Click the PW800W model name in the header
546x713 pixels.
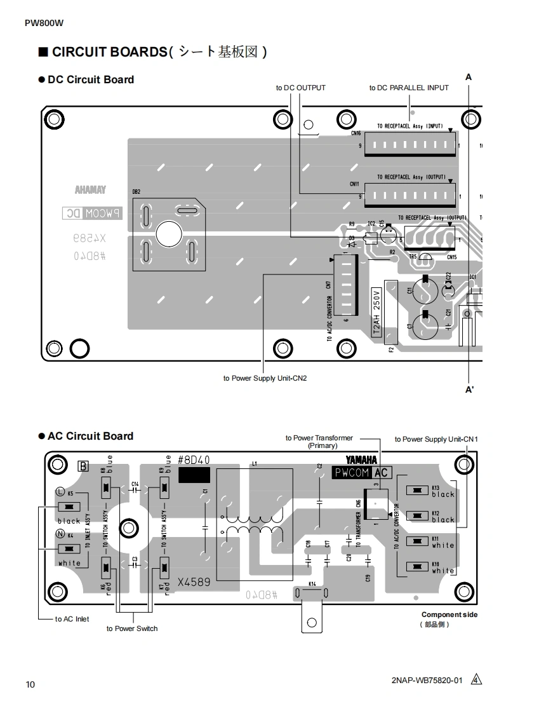coord(44,24)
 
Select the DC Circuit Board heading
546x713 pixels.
coord(90,79)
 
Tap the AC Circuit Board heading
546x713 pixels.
coord(90,436)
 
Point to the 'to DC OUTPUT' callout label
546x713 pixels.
coord(300,88)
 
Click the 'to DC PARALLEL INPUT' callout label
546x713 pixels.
coord(409,88)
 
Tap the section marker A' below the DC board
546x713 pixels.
coord(469,390)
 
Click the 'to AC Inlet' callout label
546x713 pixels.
coord(72,619)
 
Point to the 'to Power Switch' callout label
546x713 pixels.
coord(132,628)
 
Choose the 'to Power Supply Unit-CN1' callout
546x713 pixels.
coord(436,439)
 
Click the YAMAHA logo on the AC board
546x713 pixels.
coord(361,460)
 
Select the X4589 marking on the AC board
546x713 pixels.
coord(194,581)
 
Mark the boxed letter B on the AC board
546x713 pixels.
coord(83,466)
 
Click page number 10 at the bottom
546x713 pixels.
coord(30,684)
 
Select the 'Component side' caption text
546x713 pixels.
coord(449,615)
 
